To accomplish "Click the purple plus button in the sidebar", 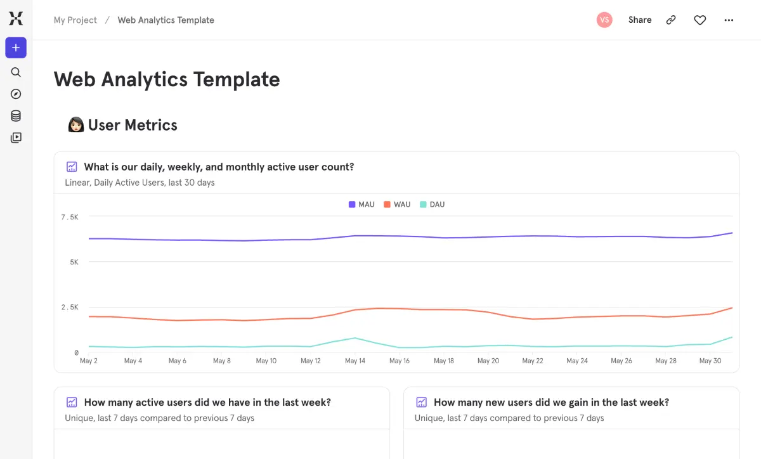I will click(16, 48).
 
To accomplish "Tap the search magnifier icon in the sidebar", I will click(16, 72).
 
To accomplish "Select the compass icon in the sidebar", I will click(16, 94).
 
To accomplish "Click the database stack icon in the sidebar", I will click(16, 116).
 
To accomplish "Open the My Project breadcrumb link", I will click(75, 20).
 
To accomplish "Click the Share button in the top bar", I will click(640, 20).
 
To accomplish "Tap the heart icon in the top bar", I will click(699, 20).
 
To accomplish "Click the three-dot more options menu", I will click(729, 20).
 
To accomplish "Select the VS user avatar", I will click(604, 20).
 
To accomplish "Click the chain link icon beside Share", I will click(670, 20).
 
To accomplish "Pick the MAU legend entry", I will click(361, 205).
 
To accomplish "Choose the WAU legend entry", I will click(397, 205).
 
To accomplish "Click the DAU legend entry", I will click(433, 205).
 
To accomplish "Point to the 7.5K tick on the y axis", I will click(70, 217).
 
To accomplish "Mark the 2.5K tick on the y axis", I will click(70, 307).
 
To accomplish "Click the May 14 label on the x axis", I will click(355, 361).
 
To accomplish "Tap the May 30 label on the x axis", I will click(710, 361).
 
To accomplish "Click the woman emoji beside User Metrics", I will click(75, 125).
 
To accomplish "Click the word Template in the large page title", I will click(236, 80).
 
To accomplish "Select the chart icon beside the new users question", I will click(421, 403).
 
